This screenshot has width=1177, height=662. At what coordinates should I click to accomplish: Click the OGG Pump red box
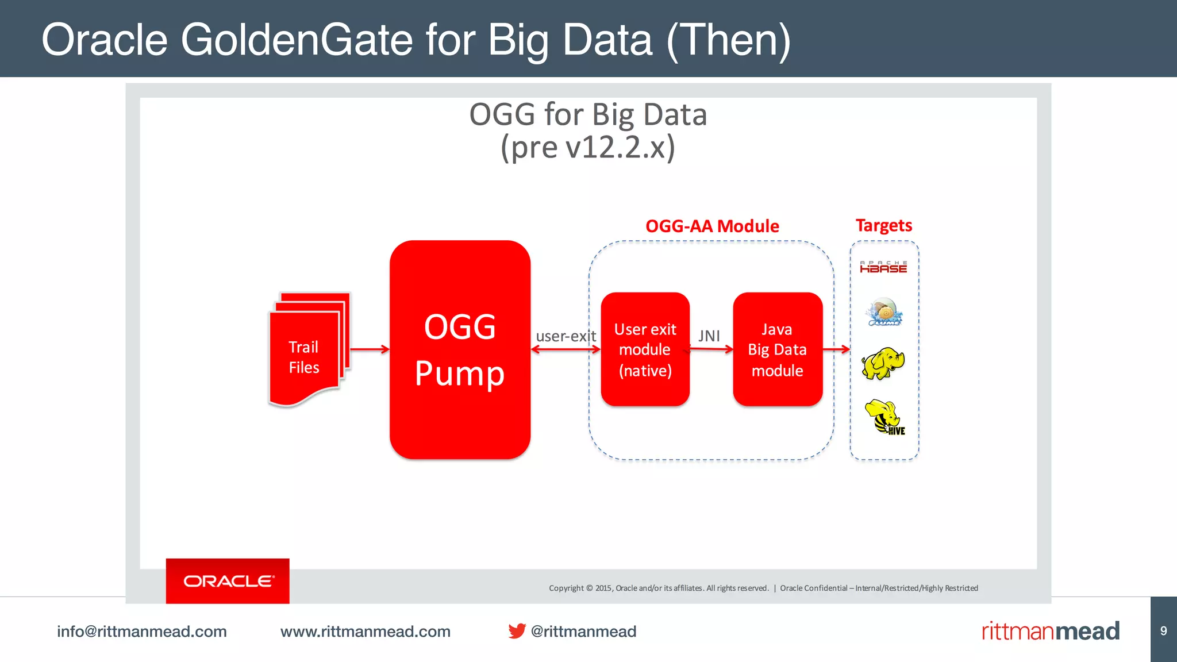pyautogui.click(x=460, y=349)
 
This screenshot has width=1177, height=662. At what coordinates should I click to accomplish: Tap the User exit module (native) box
pyautogui.click(x=645, y=349)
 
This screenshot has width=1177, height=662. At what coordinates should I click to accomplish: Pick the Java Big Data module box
pyautogui.click(x=777, y=349)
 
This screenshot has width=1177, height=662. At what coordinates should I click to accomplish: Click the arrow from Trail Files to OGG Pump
pyautogui.click(x=370, y=349)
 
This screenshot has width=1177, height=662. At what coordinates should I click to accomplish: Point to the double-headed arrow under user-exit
pyautogui.click(x=566, y=349)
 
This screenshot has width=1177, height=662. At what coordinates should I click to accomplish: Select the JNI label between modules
pyautogui.click(x=709, y=336)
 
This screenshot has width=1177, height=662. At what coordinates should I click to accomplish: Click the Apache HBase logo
pyautogui.click(x=883, y=267)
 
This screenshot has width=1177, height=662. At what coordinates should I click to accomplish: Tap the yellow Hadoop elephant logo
pyautogui.click(x=883, y=363)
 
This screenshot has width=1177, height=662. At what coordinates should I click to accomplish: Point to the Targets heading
pyautogui.click(x=883, y=225)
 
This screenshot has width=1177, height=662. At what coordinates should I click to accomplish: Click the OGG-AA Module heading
pyautogui.click(x=712, y=226)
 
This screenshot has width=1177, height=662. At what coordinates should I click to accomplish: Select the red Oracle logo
pyautogui.click(x=228, y=581)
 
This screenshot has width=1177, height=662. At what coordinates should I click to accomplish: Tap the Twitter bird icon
pyautogui.click(x=517, y=631)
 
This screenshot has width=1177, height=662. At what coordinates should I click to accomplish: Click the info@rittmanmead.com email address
pyautogui.click(x=141, y=632)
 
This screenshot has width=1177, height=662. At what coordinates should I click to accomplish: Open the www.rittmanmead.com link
pyautogui.click(x=365, y=632)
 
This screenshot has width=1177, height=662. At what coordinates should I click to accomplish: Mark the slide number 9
pyautogui.click(x=1163, y=631)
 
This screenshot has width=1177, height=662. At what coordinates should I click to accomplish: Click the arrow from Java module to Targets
pyautogui.click(x=836, y=349)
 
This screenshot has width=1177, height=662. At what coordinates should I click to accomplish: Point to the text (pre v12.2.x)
pyautogui.click(x=587, y=148)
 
